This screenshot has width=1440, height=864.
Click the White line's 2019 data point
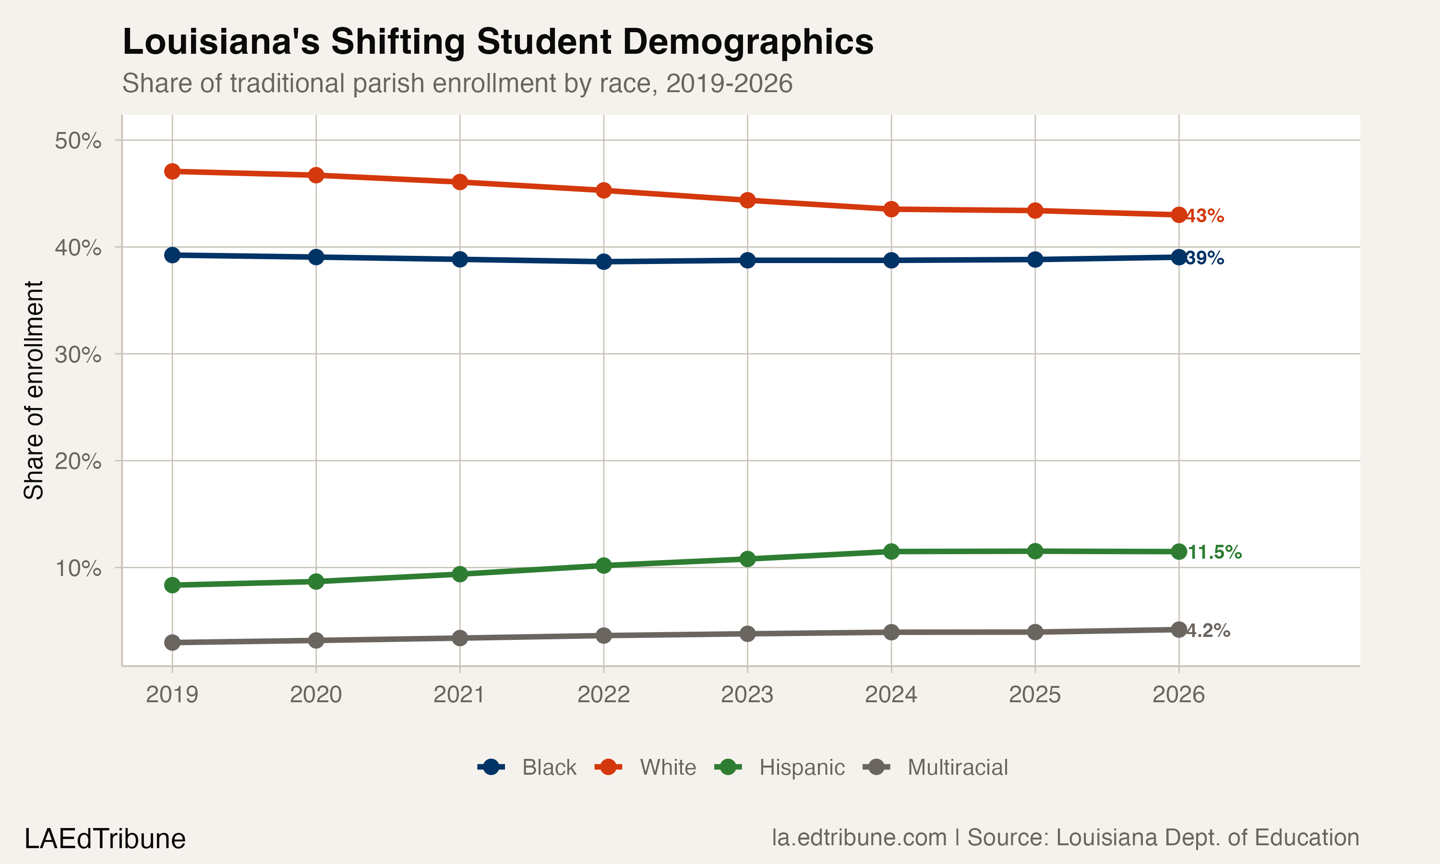point(172,171)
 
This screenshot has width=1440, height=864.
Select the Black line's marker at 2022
point(603,262)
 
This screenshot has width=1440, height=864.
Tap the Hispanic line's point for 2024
point(891,552)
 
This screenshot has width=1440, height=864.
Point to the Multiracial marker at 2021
point(460,638)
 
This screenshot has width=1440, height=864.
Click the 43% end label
point(1205,216)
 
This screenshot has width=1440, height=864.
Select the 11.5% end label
point(1214,552)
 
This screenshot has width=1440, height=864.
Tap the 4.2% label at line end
point(1208,631)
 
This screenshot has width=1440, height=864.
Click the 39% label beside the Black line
point(1205,258)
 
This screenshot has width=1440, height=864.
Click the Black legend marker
point(491,768)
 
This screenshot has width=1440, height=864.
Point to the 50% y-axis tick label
point(78,140)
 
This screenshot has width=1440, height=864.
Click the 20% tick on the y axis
point(78,461)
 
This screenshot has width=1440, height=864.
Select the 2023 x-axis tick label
point(747,695)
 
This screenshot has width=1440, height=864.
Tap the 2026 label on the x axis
point(1179,695)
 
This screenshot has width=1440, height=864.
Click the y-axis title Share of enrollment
point(34,390)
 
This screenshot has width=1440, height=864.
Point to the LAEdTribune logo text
point(105,839)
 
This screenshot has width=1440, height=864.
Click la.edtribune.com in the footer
point(859,838)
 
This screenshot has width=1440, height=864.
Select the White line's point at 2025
point(1035,211)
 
